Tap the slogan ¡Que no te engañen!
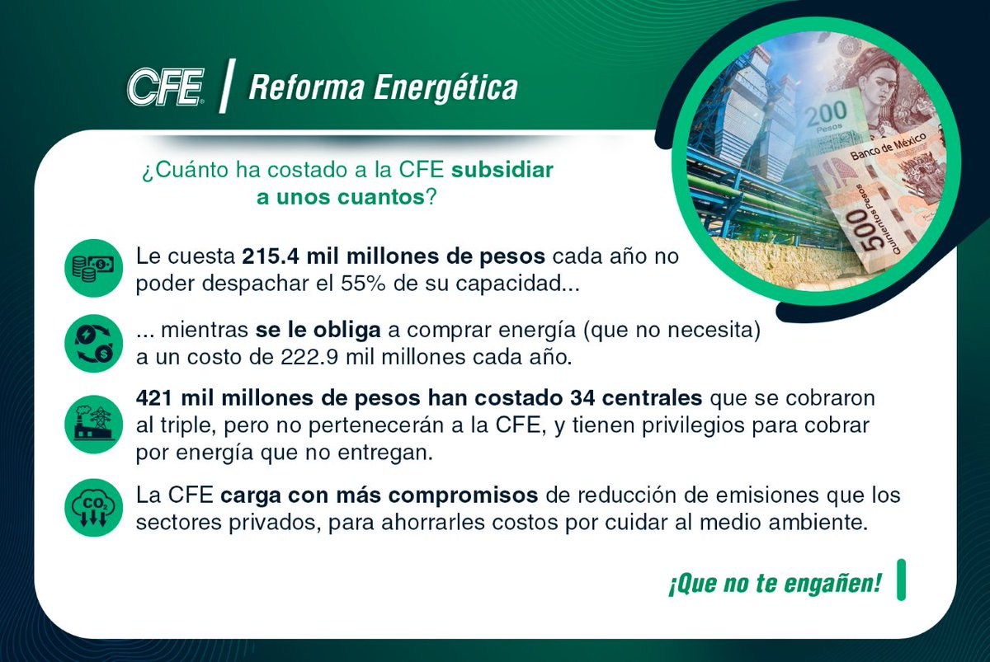pos(775,584)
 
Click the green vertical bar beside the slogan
pos(902,580)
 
